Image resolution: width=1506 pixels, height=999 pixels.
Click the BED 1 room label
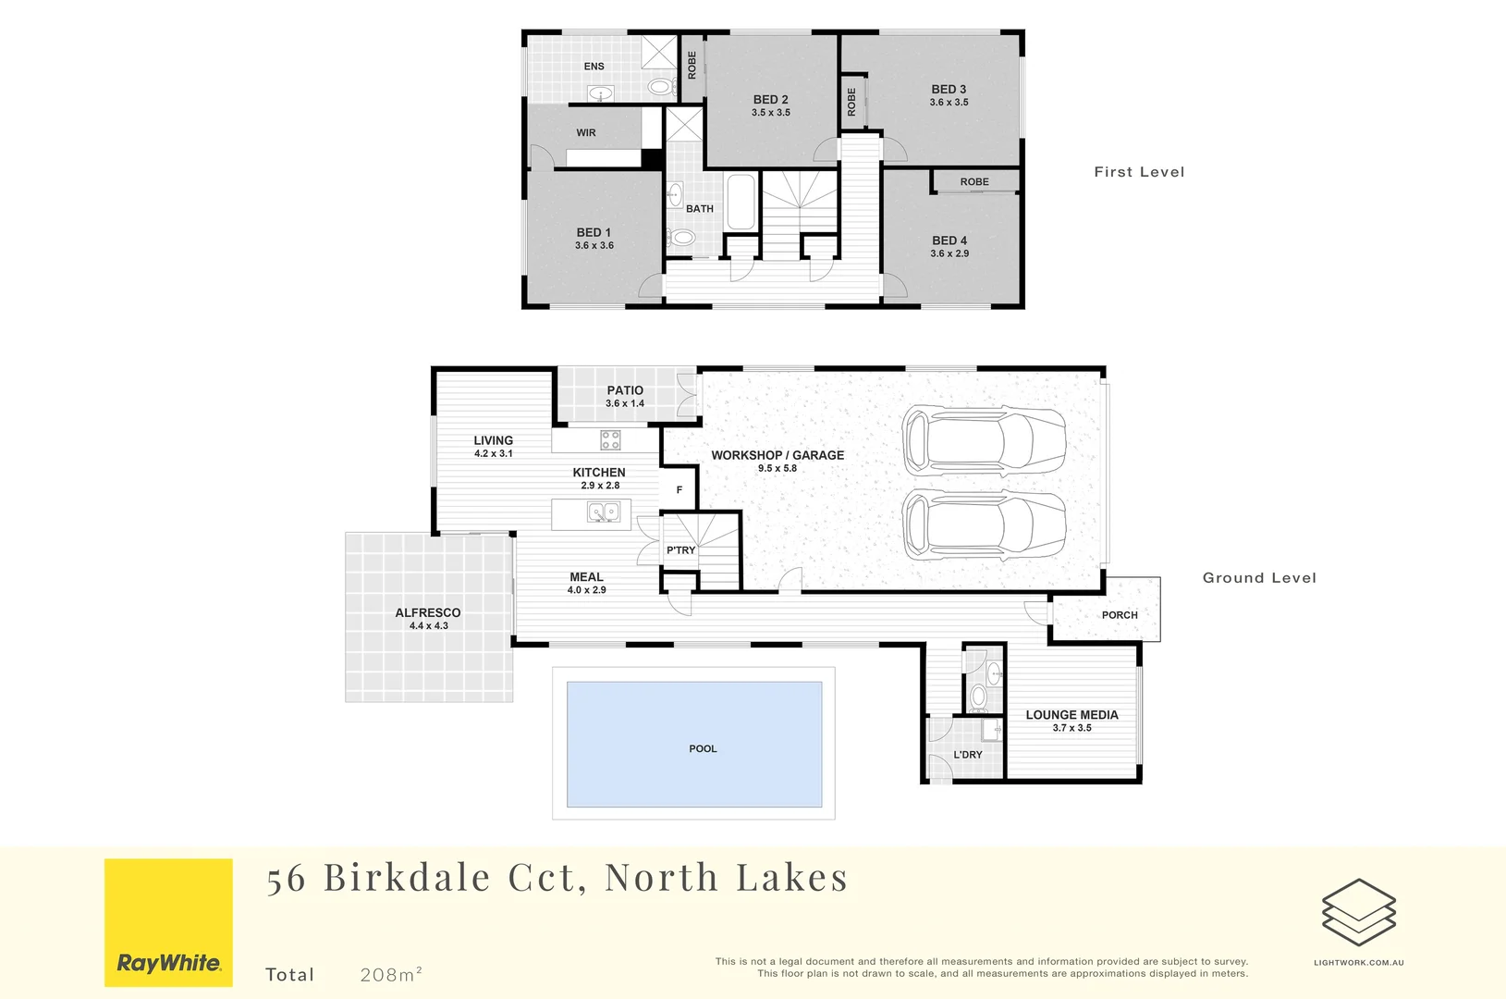coord(594,232)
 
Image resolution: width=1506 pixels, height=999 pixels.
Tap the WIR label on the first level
coord(586,133)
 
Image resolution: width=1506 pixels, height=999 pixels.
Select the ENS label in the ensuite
coord(594,67)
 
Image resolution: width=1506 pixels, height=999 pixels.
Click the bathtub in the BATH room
coord(741,202)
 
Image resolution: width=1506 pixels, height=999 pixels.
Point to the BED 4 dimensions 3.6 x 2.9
coord(949,253)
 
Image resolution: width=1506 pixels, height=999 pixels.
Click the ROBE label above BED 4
coord(974,182)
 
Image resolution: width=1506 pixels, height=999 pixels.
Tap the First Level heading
coord(1139,172)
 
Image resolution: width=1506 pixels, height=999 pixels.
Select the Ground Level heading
coord(1259,578)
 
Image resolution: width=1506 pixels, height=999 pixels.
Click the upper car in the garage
coord(984,439)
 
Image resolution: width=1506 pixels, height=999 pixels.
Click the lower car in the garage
coord(984,524)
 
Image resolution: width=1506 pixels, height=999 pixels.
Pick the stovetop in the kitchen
coord(610,439)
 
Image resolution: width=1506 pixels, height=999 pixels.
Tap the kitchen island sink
coord(604,512)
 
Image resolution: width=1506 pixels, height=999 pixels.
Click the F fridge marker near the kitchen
coord(680,490)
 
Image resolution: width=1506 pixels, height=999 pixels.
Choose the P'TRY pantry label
coord(681,550)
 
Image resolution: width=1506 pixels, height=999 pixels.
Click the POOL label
coord(703,749)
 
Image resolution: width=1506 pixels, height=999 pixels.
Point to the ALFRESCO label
coord(428,612)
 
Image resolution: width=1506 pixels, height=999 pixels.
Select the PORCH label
coord(1120,615)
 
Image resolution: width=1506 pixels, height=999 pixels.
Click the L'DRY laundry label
coord(968,755)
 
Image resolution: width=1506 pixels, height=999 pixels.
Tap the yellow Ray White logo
coord(168,922)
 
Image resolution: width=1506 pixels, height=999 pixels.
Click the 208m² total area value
coord(391,974)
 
